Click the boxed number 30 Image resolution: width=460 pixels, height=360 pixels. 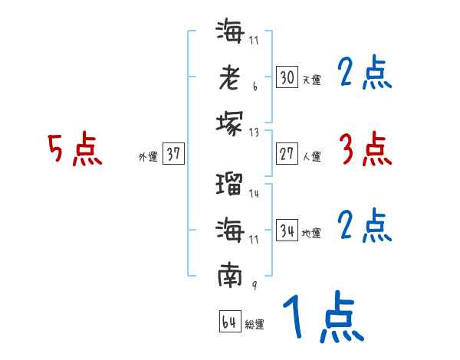(287, 77)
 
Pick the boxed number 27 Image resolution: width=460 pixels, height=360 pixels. (287, 154)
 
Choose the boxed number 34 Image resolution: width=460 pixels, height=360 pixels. (287, 230)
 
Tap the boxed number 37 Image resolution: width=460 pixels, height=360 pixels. (173, 154)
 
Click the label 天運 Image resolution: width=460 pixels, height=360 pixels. (311, 80)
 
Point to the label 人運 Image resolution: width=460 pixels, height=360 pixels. (311, 157)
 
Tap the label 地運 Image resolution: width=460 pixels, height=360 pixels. (311, 233)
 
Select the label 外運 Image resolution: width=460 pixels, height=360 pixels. (148, 157)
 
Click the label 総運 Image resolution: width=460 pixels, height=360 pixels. (255, 325)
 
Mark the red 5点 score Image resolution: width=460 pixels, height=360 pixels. (75, 149)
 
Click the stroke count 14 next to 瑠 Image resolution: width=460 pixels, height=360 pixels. (254, 194)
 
